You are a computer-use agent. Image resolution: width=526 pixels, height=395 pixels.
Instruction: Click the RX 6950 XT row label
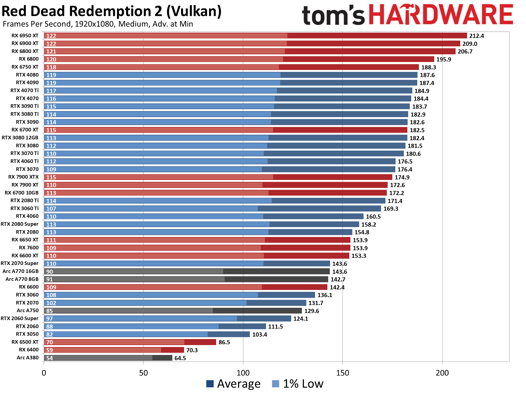click(25, 36)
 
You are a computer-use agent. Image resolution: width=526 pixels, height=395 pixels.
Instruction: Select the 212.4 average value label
click(476, 36)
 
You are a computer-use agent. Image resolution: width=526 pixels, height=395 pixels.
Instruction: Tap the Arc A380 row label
click(27, 358)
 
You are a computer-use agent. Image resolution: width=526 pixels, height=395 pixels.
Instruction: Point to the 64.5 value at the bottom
click(180, 358)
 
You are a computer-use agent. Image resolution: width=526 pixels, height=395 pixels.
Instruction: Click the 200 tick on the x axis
click(442, 373)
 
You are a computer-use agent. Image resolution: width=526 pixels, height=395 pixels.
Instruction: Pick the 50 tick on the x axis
click(143, 373)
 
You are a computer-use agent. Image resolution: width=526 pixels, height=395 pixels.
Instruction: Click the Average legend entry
click(233, 384)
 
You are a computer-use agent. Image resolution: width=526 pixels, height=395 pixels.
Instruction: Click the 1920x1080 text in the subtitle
click(94, 24)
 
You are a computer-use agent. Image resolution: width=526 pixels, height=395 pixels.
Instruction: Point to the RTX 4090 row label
click(27, 83)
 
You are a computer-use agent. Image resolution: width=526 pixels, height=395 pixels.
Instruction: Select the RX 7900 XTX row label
click(23, 177)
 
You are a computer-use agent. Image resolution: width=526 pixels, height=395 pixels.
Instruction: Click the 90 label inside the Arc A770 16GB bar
click(50, 272)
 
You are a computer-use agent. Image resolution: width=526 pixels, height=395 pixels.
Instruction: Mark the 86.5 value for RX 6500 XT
click(224, 342)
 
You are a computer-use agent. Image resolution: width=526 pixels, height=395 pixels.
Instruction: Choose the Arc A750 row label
click(27, 311)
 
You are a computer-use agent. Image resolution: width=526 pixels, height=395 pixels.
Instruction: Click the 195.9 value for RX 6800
click(444, 60)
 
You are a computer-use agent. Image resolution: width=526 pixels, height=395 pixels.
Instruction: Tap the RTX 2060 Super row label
click(19, 318)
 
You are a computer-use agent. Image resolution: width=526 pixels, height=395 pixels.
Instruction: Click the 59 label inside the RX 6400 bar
click(50, 350)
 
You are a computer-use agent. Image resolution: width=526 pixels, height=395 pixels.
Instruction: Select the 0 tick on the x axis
click(44, 373)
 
